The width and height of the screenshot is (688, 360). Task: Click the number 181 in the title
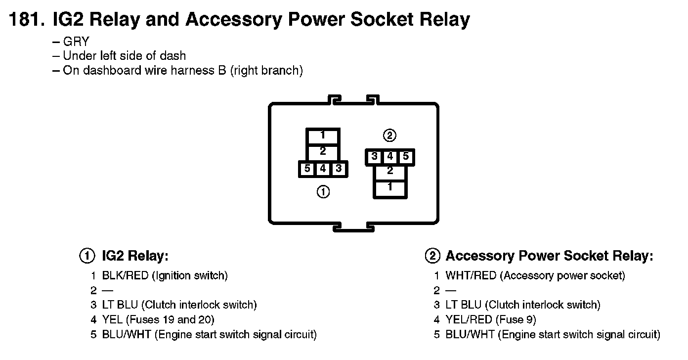[27, 20]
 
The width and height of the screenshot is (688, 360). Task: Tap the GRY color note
[76, 42]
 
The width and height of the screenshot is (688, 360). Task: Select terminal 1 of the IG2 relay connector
[323, 135]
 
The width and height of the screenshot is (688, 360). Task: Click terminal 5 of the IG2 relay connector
[307, 169]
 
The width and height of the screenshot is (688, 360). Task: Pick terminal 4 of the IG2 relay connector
[323, 169]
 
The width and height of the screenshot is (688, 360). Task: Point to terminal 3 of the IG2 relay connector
[339, 169]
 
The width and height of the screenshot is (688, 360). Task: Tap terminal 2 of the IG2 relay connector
[323, 152]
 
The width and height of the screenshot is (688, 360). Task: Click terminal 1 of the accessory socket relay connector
[390, 188]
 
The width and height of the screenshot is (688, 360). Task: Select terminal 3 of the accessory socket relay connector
[375, 157]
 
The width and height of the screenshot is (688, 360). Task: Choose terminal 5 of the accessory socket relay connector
[405, 157]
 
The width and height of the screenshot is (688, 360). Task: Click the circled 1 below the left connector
[323, 192]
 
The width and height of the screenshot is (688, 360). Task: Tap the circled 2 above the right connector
[390, 135]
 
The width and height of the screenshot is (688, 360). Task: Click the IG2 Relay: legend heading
[135, 256]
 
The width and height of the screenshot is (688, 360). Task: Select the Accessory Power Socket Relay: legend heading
[549, 256]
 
